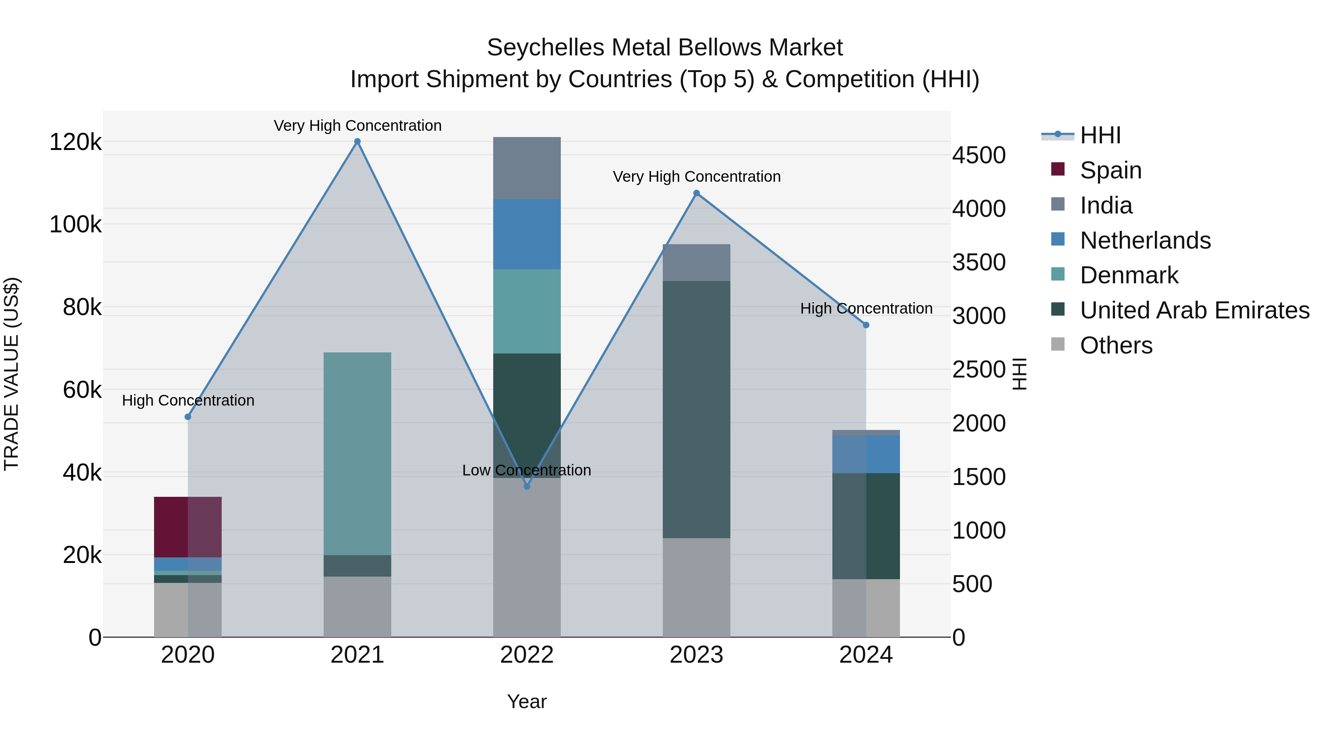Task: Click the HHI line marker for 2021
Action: coord(357,141)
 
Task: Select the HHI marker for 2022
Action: coord(526,486)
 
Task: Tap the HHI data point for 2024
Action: coord(866,325)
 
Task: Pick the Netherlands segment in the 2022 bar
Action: coord(526,234)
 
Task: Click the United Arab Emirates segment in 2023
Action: coord(696,409)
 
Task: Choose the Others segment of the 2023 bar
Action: coord(696,587)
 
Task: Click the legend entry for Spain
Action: coord(1110,170)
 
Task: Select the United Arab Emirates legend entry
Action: coord(1194,310)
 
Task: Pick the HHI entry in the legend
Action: coord(1100,135)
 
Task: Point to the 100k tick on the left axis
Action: coord(75,225)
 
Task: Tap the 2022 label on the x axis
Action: coord(526,655)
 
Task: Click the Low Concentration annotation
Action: coord(526,470)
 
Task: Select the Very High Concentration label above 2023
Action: coord(696,177)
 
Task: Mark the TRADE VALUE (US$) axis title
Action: coord(11,374)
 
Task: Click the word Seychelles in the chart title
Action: coord(545,48)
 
